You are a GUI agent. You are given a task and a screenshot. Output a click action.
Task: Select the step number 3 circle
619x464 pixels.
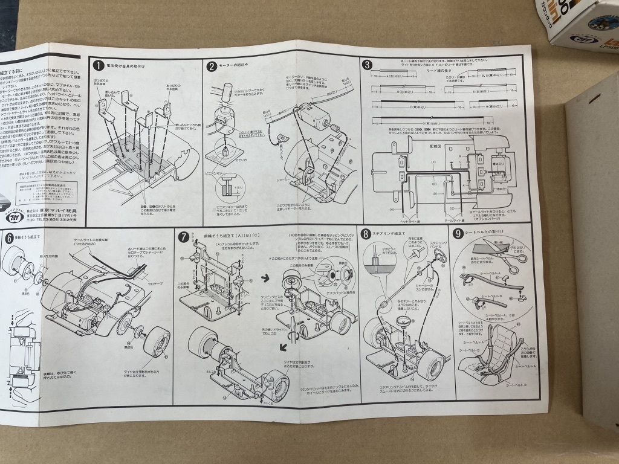[x=367, y=65]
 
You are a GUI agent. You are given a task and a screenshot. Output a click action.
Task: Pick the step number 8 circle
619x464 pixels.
[x=366, y=234]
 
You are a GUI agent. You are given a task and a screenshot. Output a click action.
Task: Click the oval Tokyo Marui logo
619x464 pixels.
[x=13, y=204]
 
